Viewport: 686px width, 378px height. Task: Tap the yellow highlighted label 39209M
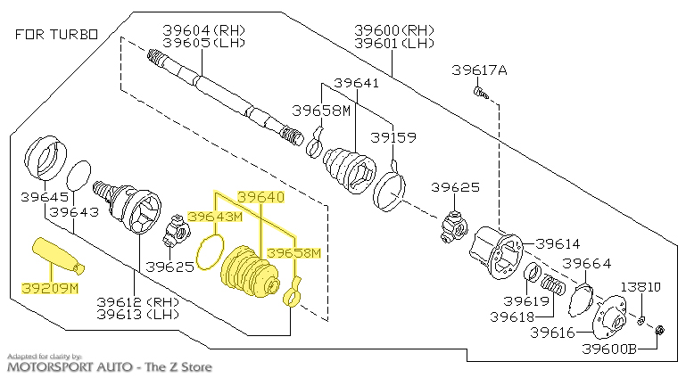[50, 289]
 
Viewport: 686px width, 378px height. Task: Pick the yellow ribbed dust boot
[246, 271]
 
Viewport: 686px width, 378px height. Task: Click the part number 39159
[393, 138]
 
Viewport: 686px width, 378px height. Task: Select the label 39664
[586, 263]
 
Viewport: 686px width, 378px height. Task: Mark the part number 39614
[557, 242]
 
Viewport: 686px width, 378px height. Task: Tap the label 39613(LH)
[137, 314]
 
